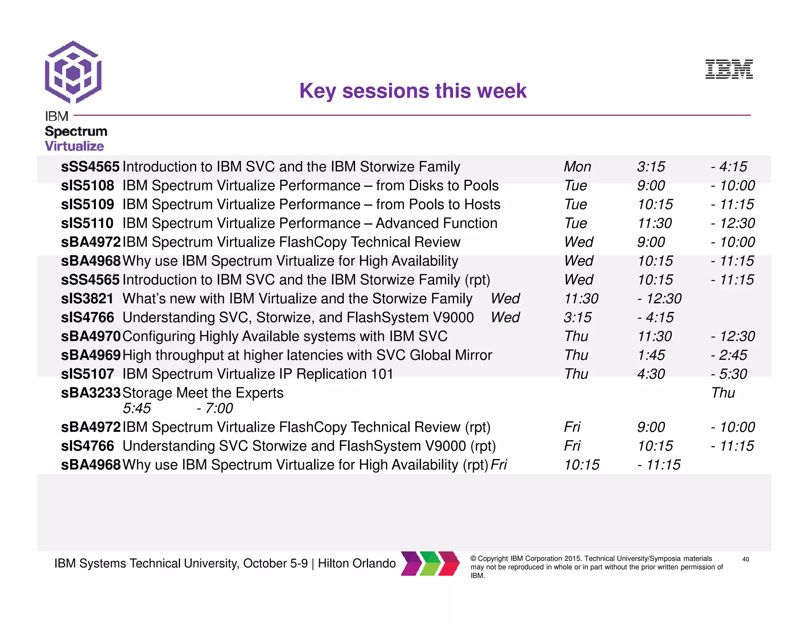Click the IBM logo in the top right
click(729, 69)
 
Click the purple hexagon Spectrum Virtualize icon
click(73, 73)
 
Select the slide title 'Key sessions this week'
click(413, 91)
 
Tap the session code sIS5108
click(88, 185)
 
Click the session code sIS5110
click(87, 223)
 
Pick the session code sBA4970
click(91, 336)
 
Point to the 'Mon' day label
click(577, 167)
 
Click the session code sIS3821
click(87, 299)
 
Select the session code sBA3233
click(91, 393)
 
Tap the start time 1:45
click(651, 355)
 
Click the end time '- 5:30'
click(729, 374)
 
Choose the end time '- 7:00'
click(215, 408)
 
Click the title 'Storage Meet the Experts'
click(203, 393)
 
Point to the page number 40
click(745, 559)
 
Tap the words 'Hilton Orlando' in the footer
click(357, 563)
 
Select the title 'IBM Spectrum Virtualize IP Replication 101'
click(258, 374)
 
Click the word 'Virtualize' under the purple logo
click(75, 146)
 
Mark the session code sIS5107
click(88, 374)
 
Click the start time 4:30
click(651, 374)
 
